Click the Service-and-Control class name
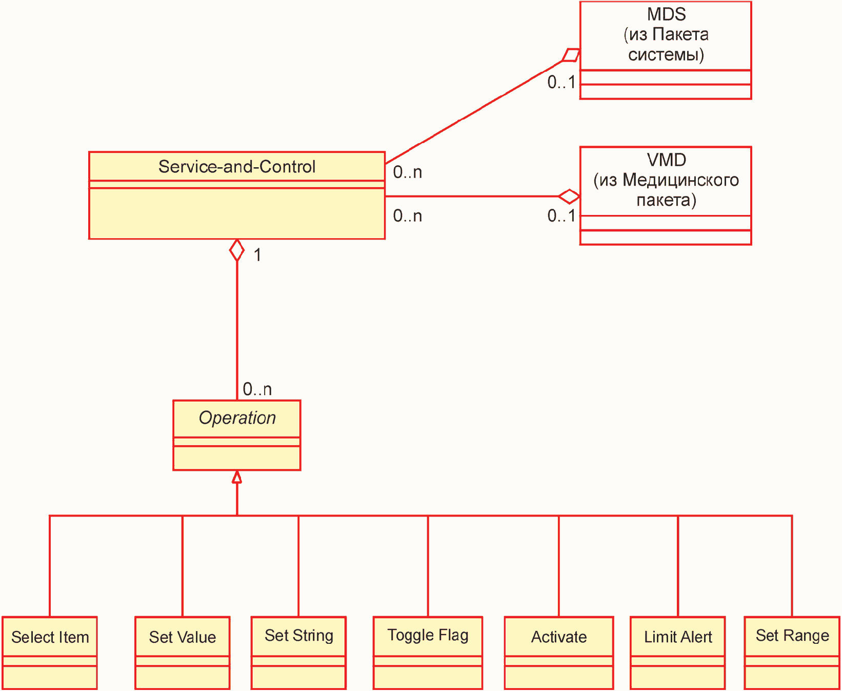[237, 167]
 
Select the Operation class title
[237, 418]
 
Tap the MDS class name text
[666, 14]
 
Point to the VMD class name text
[666, 160]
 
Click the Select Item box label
[50, 637]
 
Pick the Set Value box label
[183, 637]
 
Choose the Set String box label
[299, 636]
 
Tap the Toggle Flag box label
[428, 636]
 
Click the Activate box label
[559, 637]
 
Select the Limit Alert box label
[678, 637]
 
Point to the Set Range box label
[792, 636]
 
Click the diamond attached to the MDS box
[571, 55]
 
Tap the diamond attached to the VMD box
[569, 196]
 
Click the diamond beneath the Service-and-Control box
[237, 250]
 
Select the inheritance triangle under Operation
[237, 477]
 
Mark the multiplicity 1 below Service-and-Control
[257, 255]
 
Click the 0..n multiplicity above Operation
[257, 389]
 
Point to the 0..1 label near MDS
[562, 82]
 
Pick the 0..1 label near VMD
[562, 216]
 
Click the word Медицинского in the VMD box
[680, 181]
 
